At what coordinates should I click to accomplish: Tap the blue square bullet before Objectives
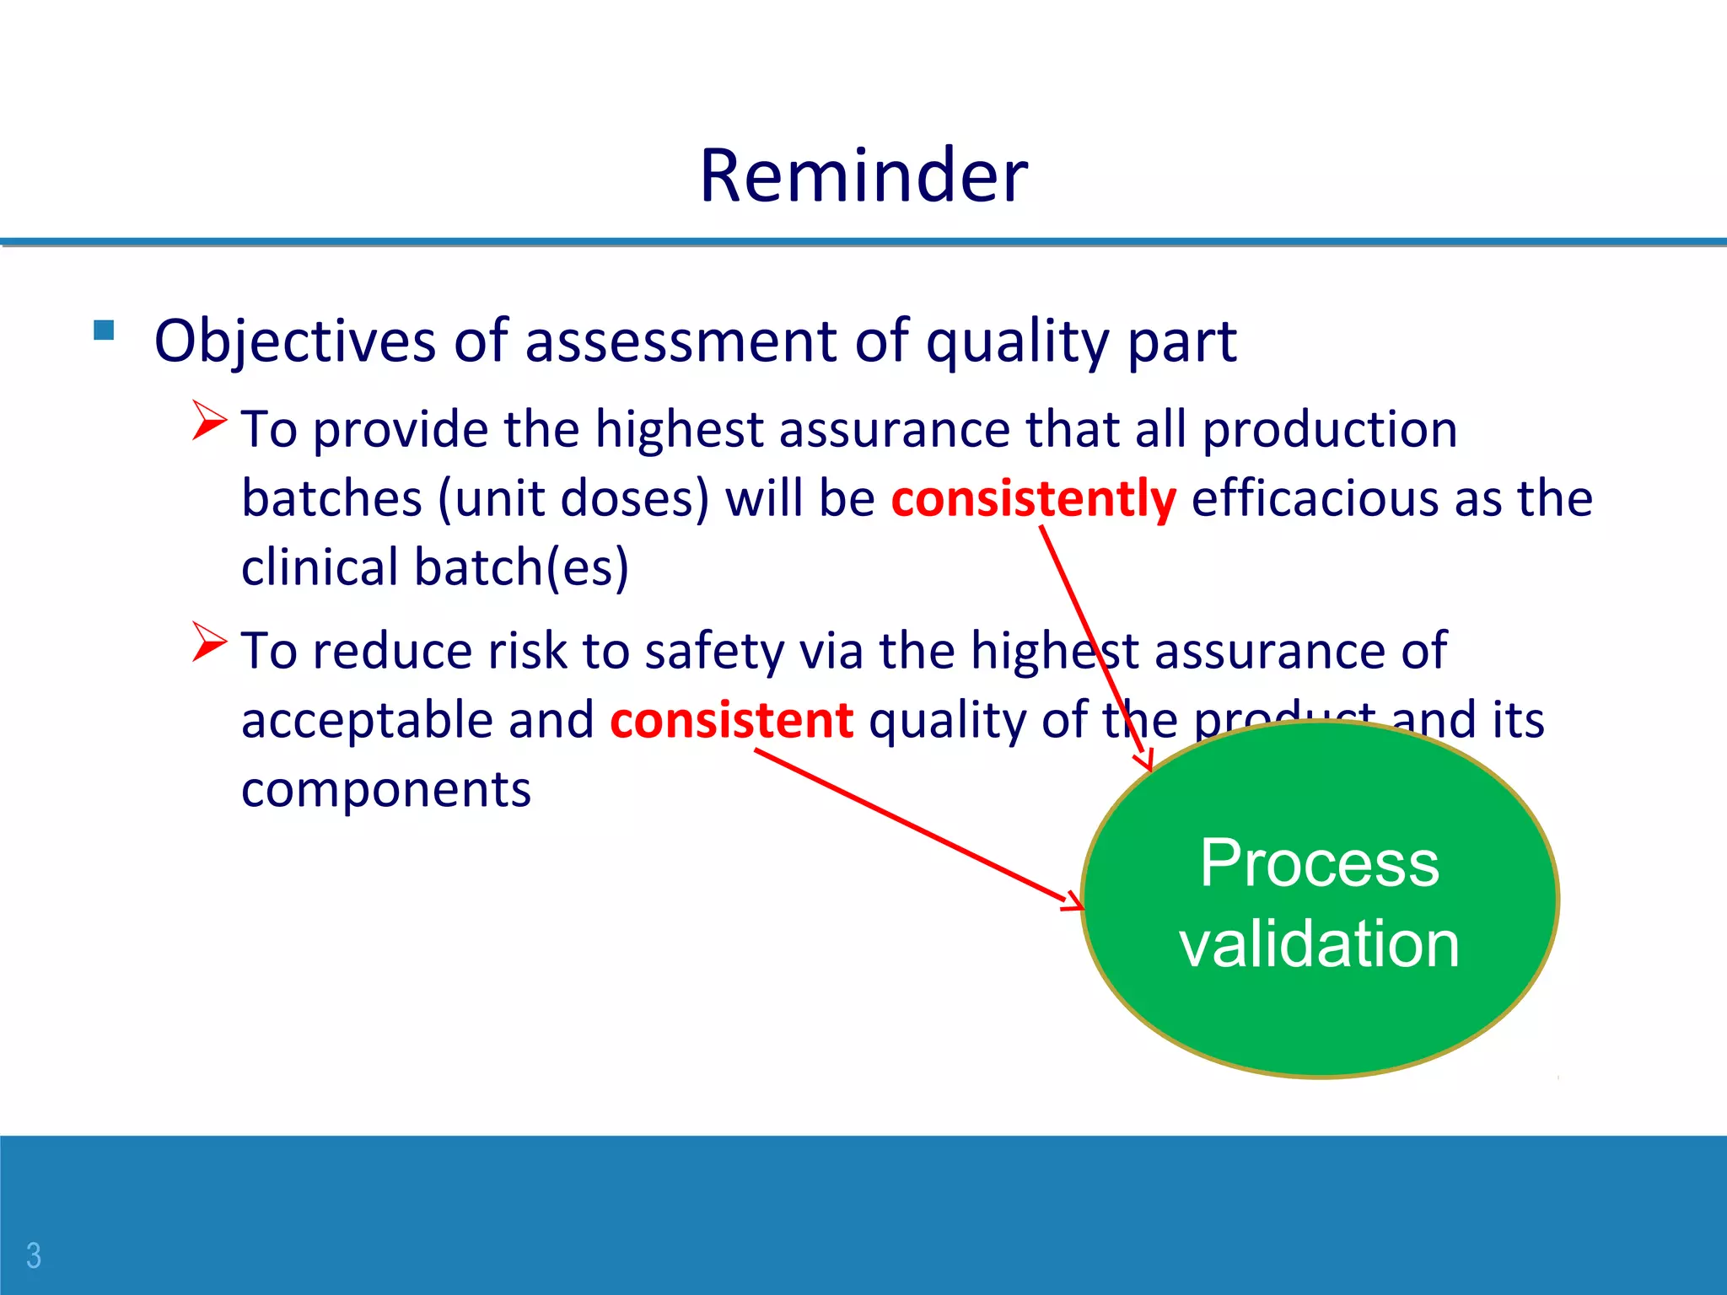tap(104, 330)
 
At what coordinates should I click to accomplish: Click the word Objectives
tap(294, 341)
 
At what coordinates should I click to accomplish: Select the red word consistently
tap(1033, 498)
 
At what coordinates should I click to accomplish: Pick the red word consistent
tap(731, 721)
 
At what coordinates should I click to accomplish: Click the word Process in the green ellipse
tap(1319, 863)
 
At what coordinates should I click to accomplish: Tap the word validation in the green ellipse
tap(1319, 943)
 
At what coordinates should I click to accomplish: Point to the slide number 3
tap(34, 1255)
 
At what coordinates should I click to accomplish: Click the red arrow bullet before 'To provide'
tap(209, 420)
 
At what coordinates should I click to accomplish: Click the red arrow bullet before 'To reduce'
tap(209, 642)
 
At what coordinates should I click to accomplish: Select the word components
tap(386, 790)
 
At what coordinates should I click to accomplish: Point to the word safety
tap(714, 652)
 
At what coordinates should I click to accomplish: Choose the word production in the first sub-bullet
tap(1330, 429)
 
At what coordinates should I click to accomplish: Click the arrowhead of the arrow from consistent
tap(1076, 903)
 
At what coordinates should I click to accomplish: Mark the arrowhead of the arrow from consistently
tap(1146, 762)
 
